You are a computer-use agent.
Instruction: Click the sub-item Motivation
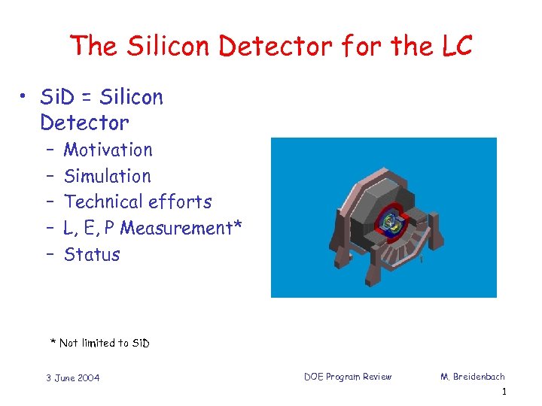(x=108, y=150)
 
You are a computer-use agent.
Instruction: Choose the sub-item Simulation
(x=107, y=176)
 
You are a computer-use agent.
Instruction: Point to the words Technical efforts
(x=138, y=201)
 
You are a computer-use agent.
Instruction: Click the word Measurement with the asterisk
(x=181, y=228)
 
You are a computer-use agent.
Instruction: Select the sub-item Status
(x=92, y=254)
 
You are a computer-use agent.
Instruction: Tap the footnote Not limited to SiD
(x=100, y=343)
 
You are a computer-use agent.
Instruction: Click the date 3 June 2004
(x=72, y=377)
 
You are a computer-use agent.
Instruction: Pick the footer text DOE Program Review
(x=348, y=377)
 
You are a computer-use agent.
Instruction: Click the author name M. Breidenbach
(x=473, y=377)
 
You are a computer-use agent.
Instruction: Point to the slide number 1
(x=504, y=392)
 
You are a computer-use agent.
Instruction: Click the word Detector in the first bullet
(x=84, y=123)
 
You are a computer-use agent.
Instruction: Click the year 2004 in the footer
(x=87, y=377)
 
